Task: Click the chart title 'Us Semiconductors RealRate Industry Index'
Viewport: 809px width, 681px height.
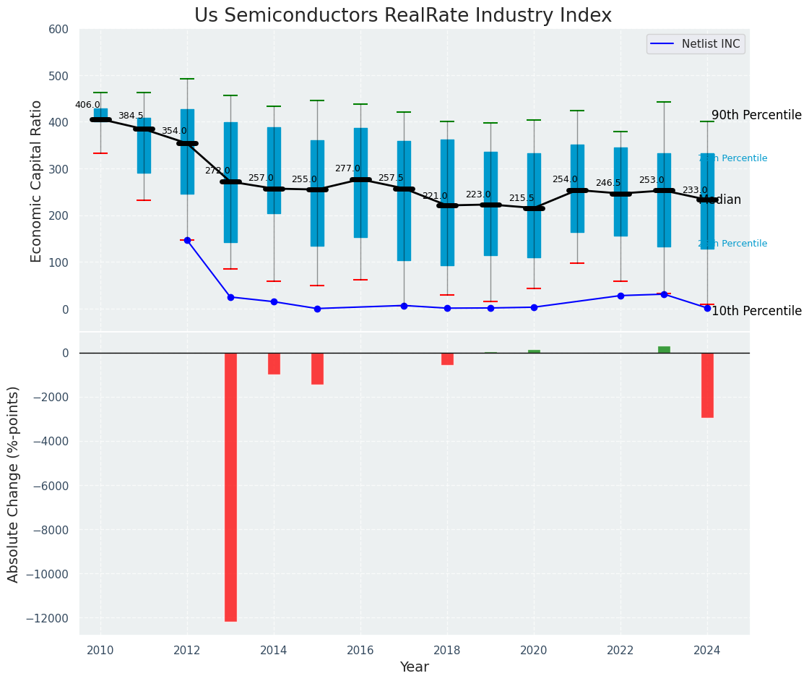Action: click(402, 16)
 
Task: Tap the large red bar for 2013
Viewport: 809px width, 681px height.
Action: click(230, 487)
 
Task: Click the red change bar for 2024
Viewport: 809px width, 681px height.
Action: click(707, 385)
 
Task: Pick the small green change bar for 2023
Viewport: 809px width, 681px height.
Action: click(664, 349)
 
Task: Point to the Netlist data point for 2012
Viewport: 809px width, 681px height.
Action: click(187, 240)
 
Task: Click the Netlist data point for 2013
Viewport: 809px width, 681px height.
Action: click(230, 297)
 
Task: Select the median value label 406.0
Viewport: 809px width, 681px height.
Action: click(87, 105)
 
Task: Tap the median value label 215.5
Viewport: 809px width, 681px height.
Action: click(522, 198)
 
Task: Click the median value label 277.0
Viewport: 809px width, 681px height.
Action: click(347, 168)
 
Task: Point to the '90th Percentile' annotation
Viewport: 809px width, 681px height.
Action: click(756, 116)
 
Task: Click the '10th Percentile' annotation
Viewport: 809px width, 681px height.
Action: click(756, 312)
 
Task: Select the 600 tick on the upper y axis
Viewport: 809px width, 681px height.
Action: click(59, 30)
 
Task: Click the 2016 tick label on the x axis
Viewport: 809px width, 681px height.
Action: click(360, 651)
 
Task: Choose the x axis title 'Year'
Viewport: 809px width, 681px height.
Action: click(415, 667)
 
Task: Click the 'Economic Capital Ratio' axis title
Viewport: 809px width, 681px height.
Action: click(37, 181)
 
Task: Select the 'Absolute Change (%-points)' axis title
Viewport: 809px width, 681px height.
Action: click(14, 484)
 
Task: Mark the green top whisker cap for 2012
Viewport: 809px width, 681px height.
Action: click(187, 79)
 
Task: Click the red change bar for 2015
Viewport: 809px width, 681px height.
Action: click(317, 368)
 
